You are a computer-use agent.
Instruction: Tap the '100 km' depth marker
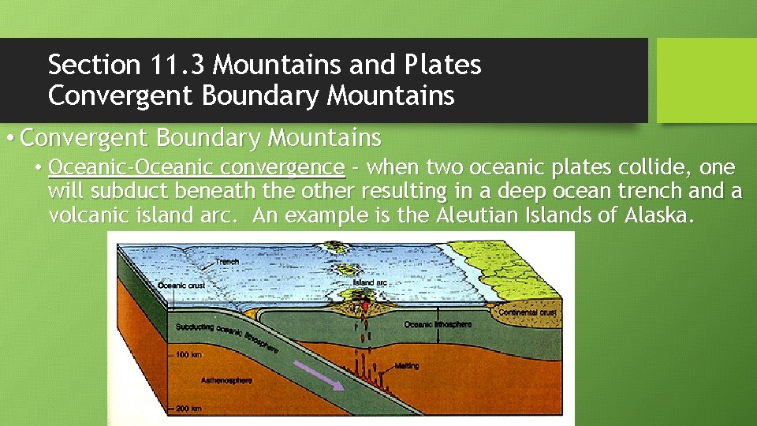point(190,355)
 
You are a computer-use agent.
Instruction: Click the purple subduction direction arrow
point(318,375)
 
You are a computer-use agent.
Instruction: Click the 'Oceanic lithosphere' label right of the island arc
point(438,324)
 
